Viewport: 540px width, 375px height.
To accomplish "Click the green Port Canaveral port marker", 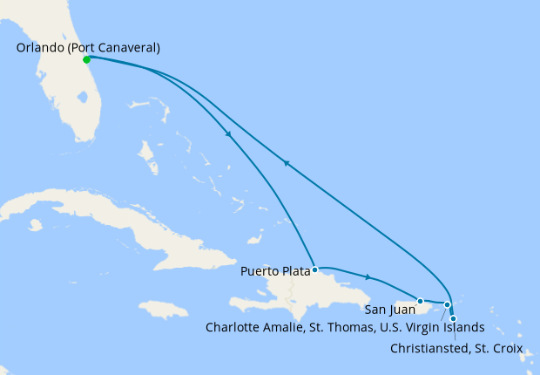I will (86, 60).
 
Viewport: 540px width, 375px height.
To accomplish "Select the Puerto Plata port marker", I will (315, 269).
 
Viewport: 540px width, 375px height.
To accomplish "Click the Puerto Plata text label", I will (274, 271).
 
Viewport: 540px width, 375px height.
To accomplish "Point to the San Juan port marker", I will (420, 301).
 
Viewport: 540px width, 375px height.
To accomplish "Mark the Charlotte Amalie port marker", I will (448, 305).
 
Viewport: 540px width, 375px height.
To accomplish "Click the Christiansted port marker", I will (453, 318).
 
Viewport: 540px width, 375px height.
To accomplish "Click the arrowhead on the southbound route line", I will (228, 134).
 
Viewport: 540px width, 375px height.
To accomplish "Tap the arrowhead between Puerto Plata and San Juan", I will (368, 277).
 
